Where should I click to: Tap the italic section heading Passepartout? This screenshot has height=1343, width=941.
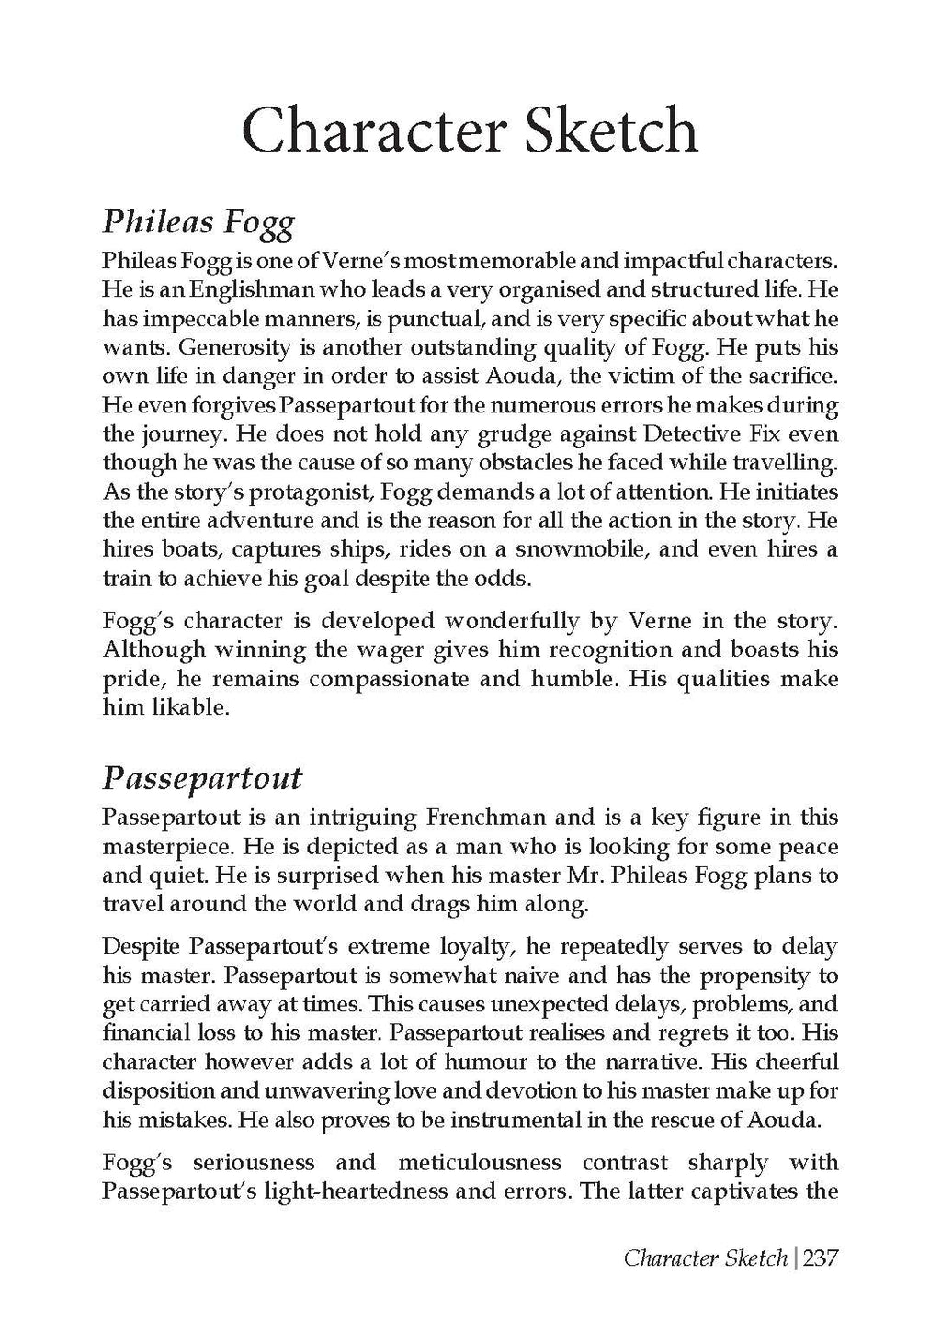pyautogui.click(x=202, y=779)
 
